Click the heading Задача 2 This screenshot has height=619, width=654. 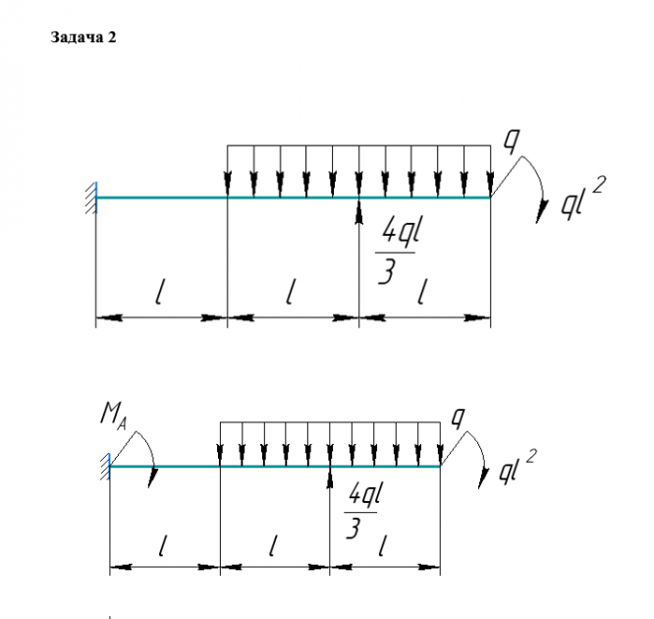[83, 38]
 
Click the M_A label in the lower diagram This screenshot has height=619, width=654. [113, 417]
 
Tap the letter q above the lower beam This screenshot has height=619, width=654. [457, 415]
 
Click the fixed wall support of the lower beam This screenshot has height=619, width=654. [104, 467]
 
